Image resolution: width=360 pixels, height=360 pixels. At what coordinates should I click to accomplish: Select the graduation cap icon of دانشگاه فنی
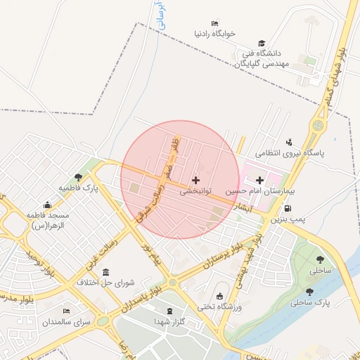[x=262, y=44]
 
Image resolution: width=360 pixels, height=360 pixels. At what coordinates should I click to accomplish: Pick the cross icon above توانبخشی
[x=195, y=181]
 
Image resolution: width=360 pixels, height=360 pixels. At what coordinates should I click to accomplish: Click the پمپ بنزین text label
[x=291, y=220]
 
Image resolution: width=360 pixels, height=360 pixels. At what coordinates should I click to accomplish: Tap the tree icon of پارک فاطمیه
[x=77, y=176]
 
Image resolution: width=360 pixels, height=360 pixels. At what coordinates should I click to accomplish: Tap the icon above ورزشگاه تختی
[x=220, y=295]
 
